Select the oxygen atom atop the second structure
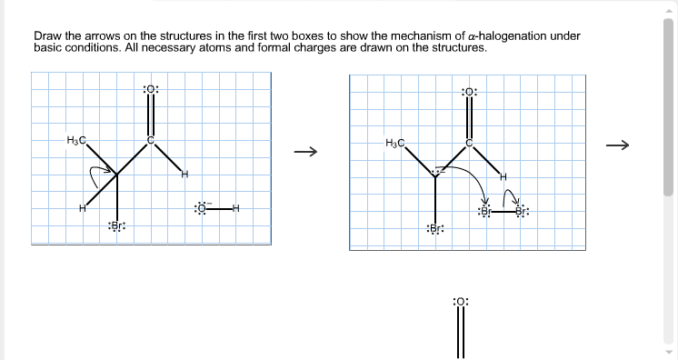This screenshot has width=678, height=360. [469, 92]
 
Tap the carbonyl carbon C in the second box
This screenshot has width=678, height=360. [469, 143]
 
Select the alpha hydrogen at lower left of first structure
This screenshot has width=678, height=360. [82, 208]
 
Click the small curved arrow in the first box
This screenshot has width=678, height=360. [96, 170]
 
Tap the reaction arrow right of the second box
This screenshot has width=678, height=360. [618, 144]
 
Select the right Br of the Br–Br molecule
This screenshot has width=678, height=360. [521, 212]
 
